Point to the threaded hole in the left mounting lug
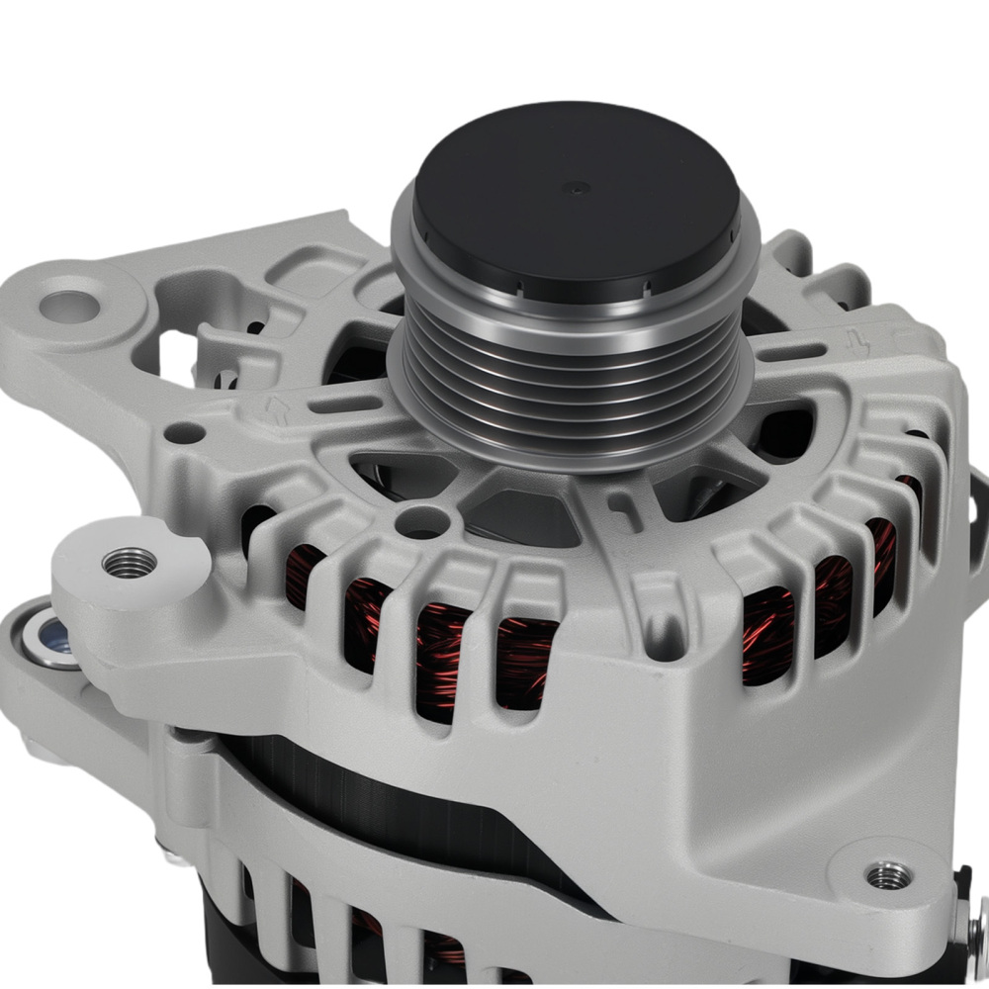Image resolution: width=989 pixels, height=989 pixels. click(x=130, y=563)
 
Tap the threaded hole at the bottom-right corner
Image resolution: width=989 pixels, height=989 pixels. click(x=887, y=875)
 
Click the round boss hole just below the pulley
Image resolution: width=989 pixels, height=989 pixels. click(x=422, y=521)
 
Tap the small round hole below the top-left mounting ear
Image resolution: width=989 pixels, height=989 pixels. click(x=185, y=433)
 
